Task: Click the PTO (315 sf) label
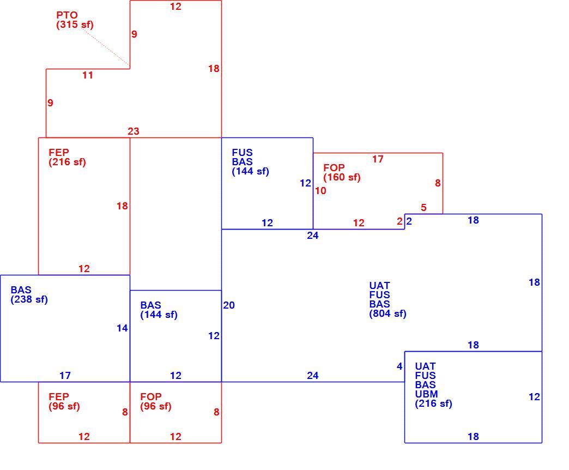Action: pos(75,20)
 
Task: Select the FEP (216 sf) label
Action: pos(67,157)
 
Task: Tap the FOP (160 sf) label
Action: pos(342,172)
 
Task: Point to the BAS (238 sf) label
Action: pos(29,294)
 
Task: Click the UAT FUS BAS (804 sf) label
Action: pos(388,300)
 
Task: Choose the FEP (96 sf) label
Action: pos(64,401)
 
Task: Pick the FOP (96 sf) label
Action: pos(156,401)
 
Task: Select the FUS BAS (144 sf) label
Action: pos(250,162)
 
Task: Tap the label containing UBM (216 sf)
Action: pos(433,385)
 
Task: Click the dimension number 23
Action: pos(133,131)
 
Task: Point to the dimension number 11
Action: pos(87,75)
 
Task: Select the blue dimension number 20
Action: pos(228,305)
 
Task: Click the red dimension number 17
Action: pos(377,159)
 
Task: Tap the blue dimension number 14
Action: pos(122,328)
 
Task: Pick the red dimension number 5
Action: pos(423,208)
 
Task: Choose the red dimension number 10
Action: pos(320,190)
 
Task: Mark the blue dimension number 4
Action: pos(399,366)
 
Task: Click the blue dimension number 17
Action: pos(65,375)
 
